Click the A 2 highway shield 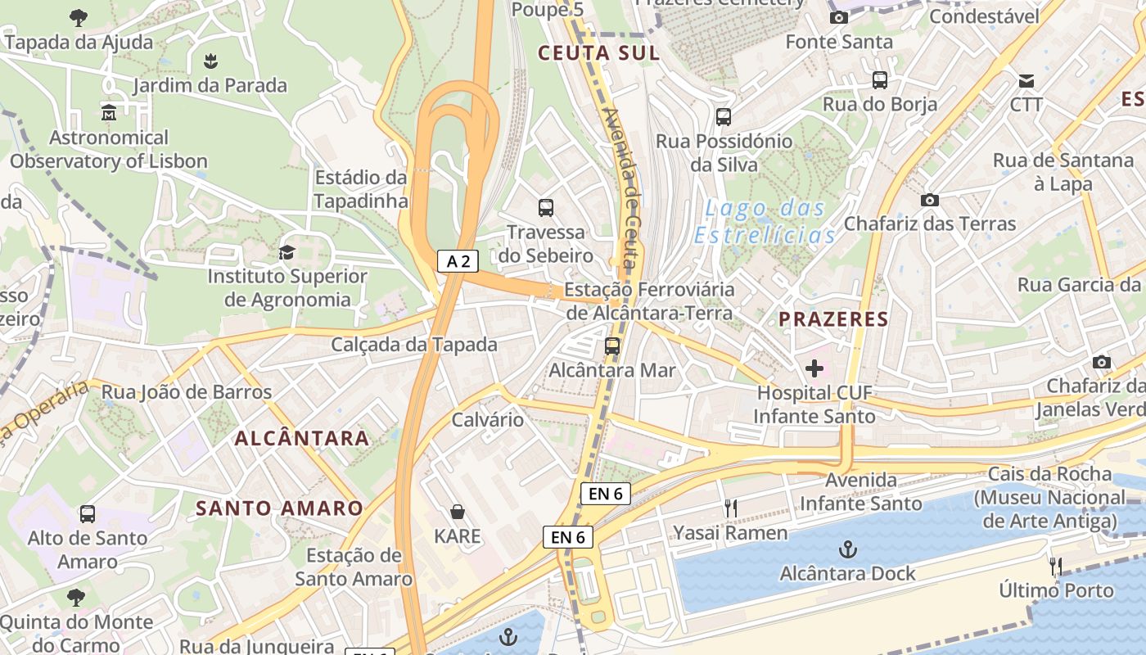point(458,261)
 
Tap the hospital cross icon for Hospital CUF point(814,368)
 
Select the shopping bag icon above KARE point(458,513)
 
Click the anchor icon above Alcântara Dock point(848,549)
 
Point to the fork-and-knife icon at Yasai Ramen point(730,508)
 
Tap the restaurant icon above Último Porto point(1056,566)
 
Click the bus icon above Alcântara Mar point(612,346)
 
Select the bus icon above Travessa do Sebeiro point(546,208)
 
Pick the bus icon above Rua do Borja point(880,80)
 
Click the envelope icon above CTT point(1026,80)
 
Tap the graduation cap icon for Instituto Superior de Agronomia point(286,252)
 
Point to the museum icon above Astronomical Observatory point(108,112)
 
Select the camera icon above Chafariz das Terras point(930,200)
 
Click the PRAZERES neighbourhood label point(833,319)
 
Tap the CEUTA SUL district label point(598,54)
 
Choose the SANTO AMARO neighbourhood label point(279,508)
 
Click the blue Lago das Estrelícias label point(765,222)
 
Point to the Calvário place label point(488,420)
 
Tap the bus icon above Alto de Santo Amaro point(87,514)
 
